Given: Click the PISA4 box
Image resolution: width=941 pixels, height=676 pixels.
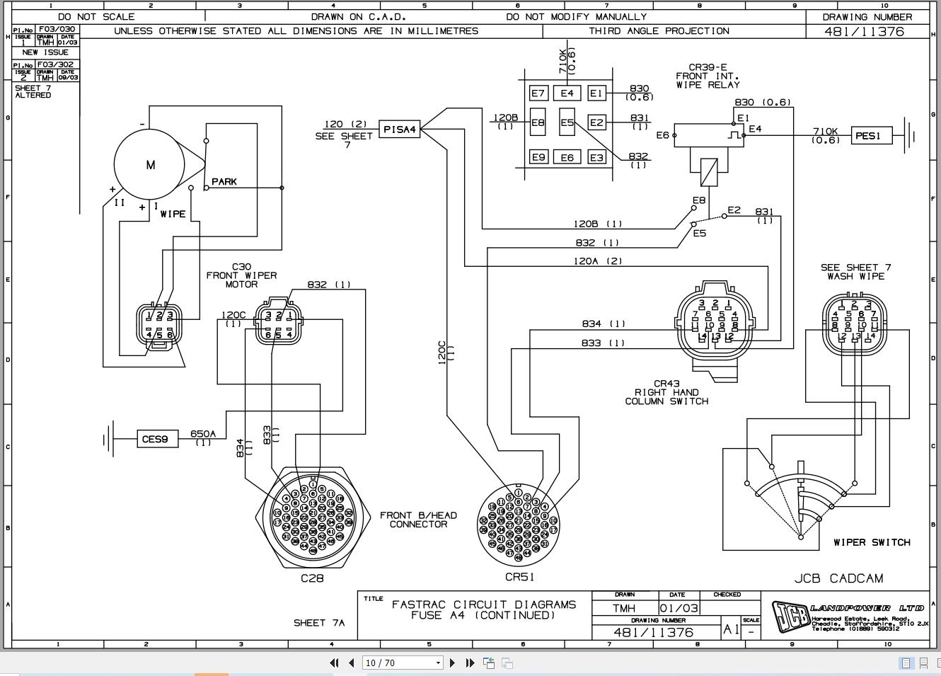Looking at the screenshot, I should tap(400, 130).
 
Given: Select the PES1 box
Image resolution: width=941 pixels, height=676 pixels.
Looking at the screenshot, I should tap(867, 135).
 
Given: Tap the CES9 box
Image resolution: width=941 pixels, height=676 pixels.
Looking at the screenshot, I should tap(155, 440).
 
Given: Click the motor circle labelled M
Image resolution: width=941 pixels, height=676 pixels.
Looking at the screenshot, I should tap(150, 165).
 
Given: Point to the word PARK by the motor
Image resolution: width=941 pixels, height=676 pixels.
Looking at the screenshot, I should tap(224, 182).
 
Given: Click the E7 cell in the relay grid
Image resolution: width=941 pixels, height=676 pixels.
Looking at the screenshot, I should tap(538, 93).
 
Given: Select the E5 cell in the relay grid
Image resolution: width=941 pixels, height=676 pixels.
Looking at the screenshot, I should tap(567, 122).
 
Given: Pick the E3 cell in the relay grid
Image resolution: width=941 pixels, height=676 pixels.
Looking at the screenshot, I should tap(596, 157).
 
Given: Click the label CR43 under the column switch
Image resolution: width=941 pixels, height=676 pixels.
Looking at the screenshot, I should tap(666, 384).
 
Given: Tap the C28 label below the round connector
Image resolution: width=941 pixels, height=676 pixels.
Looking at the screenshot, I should tap(312, 578).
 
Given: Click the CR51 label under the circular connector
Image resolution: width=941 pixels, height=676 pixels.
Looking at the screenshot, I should tap(519, 577).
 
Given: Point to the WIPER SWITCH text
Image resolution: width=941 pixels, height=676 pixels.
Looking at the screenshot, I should tap(872, 542).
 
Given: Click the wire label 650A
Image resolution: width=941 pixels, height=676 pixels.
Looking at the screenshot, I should tap(203, 434).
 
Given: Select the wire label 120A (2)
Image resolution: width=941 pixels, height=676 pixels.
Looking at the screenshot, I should tap(598, 261).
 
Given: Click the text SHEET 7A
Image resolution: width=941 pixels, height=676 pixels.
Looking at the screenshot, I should tap(319, 623).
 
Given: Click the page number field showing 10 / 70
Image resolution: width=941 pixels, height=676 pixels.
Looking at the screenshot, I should tap(401, 663).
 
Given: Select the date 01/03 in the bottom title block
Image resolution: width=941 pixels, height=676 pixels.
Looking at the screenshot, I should tap(679, 608).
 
